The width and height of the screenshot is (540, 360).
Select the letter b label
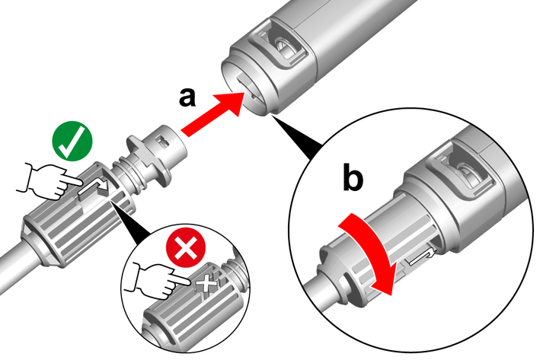353,178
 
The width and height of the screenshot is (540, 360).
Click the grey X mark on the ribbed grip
206,285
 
